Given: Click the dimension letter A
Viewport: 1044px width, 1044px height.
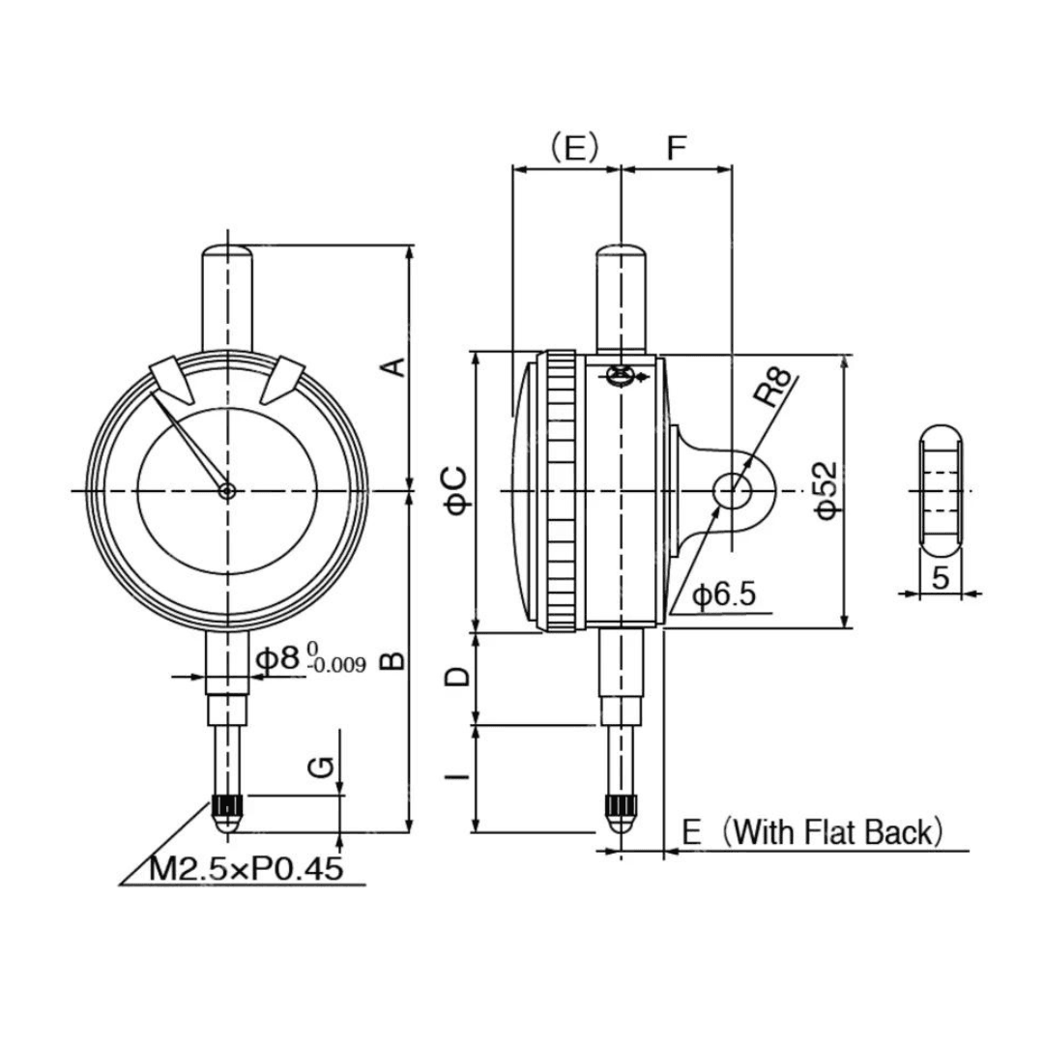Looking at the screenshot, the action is coord(396,367).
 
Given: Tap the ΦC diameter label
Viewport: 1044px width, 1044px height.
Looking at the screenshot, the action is coord(456,491).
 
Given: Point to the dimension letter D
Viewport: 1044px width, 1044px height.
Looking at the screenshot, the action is coord(457,678).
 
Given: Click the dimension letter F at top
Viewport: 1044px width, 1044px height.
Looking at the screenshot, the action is coord(676,148).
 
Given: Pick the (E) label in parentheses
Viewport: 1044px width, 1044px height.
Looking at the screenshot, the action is coord(574,148).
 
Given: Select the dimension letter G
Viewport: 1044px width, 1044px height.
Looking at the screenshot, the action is coord(322,768).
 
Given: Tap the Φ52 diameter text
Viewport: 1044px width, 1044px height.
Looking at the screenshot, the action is coord(826,490).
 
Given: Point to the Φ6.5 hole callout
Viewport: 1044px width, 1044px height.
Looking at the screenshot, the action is coord(724,594).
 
